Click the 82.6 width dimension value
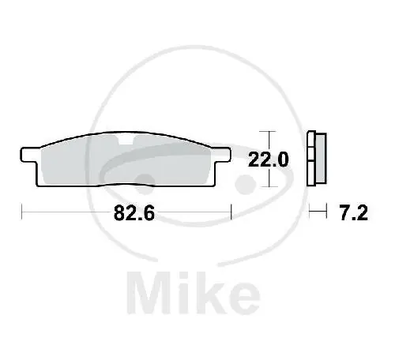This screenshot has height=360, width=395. click(x=126, y=214)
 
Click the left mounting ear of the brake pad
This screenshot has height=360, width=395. click(x=28, y=155)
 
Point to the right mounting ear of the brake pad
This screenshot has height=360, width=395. click(x=222, y=155)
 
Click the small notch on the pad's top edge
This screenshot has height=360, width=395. click(x=127, y=143)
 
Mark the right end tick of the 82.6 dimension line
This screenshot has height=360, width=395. click(x=230, y=212)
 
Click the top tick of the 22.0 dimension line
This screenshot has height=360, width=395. click(x=270, y=131)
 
